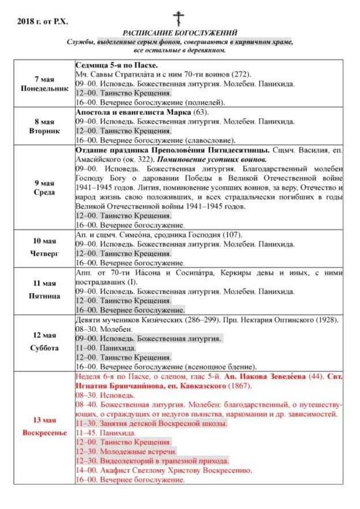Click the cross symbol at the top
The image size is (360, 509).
click(x=180, y=18)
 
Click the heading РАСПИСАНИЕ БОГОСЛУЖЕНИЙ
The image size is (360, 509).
click(x=180, y=33)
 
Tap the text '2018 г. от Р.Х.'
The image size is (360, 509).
click(x=43, y=21)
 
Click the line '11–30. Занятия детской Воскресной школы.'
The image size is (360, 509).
click(x=152, y=423)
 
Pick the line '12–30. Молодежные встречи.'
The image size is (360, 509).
click(x=126, y=451)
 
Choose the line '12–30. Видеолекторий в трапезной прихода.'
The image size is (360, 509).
click(x=152, y=461)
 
